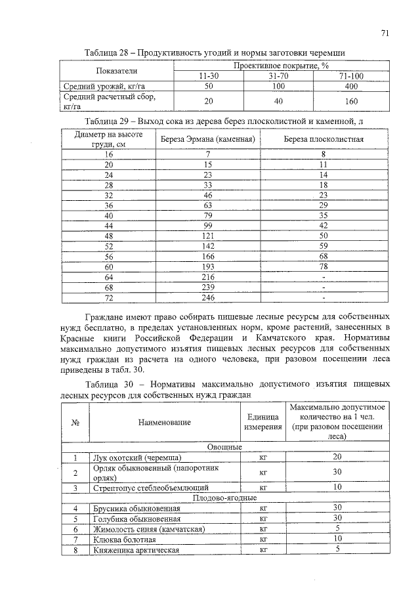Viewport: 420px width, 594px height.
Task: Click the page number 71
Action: click(385, 33)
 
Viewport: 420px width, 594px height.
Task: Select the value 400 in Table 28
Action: click(351, 86)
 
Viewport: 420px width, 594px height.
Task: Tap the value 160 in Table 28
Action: click(351, 101)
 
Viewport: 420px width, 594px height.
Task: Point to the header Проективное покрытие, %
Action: click(280, 66)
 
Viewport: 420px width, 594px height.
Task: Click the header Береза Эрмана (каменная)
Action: click(207, 140)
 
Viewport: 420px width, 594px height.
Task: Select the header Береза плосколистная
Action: click(324, 140)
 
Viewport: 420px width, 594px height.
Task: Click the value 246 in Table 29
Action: click(207, 297)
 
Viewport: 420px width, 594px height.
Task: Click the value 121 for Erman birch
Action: click(207, 234)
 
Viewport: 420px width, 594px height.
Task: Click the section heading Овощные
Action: click(224, 446)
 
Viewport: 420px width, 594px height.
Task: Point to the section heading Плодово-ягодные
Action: click(224, 498)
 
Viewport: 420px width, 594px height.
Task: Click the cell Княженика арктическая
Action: click(136, 550)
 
